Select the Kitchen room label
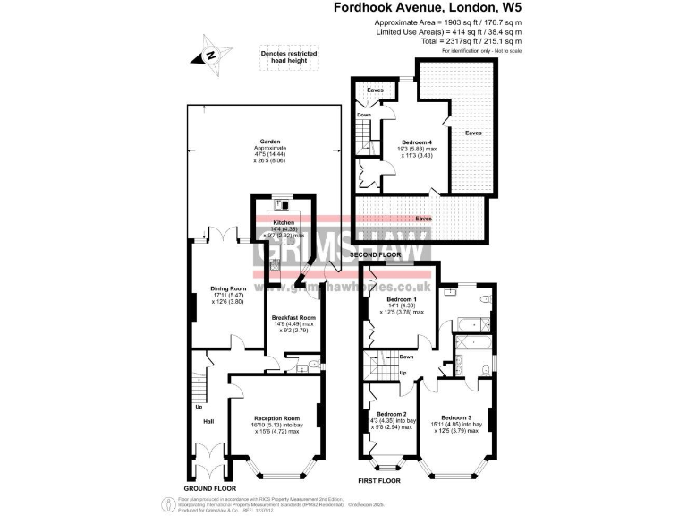284,221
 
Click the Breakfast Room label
294,318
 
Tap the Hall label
208,420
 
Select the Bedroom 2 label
391,414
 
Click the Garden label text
268,142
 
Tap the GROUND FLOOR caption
213,487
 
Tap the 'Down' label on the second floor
364,115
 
